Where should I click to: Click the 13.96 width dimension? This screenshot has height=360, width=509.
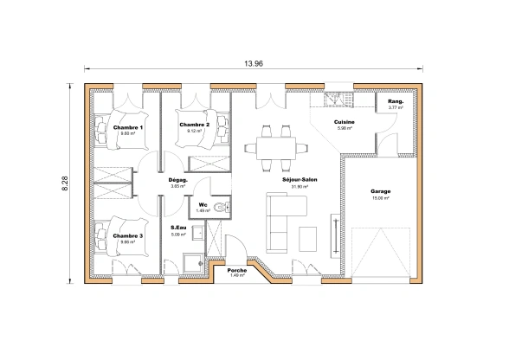click(254, 64)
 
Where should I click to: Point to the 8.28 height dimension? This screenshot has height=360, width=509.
click(65, 183)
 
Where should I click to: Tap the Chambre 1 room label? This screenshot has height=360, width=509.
click(128, 126)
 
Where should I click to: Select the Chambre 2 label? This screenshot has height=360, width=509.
click(195, 125)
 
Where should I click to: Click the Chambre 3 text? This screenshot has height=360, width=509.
click(128, 235)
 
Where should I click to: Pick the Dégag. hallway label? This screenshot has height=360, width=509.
click(179, 180)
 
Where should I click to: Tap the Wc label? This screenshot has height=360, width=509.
click(203, 204)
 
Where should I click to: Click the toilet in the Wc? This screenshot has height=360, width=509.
click(222, 206)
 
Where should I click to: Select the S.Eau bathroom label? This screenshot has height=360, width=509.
click(179, 228)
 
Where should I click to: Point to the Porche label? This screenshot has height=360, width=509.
click(237, 270)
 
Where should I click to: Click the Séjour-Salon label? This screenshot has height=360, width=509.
click(300, 180)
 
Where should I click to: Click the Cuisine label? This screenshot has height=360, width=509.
click(345, 123)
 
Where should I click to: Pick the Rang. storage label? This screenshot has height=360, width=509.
click(396, 101)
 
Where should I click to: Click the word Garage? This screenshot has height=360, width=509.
click(381, 191)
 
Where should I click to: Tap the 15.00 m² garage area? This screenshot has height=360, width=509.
click(381, 198)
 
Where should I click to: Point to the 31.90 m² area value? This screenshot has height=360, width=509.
click(300, 187)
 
